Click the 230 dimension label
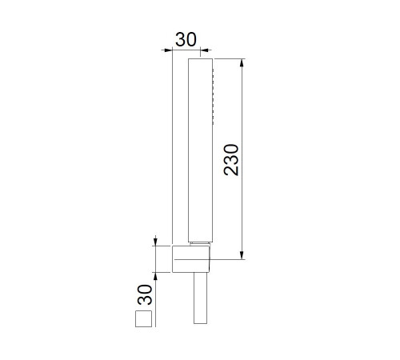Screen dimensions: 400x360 pyautogui.click(x=231, y=160)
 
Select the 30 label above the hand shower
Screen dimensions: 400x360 pyautogui.click(x=186, y=39)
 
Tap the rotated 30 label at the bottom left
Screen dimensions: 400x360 pyautogui.click(x=145, y=294)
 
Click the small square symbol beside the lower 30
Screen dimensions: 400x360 pyautogui.click(x=143, y=318)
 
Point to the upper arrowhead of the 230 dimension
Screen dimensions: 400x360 pyautogui.click(x=242, y=63)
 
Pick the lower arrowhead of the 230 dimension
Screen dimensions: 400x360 pyautogui.click(x=242, y=255)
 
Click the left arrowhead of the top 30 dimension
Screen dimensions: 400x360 pyautogui.click(x=168, y=50)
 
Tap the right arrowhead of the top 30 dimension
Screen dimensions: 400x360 pyautogui.click(x=204, y=50)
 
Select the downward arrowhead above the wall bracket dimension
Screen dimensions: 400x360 pyautogui.click(x=156, y=242)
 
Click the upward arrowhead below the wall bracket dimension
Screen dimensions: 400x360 pyautogui.click(x=156, y=277)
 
